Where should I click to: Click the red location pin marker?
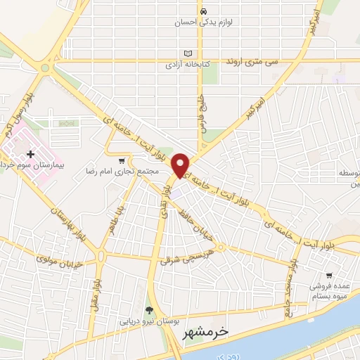[181, 164]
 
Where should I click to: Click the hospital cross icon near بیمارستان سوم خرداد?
[30, 153]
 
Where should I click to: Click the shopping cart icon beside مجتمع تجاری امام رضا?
[122, 161]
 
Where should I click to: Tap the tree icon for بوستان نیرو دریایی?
[148, 310]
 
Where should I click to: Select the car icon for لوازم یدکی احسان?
[203, 12]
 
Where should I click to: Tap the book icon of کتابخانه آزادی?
[187, 53]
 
